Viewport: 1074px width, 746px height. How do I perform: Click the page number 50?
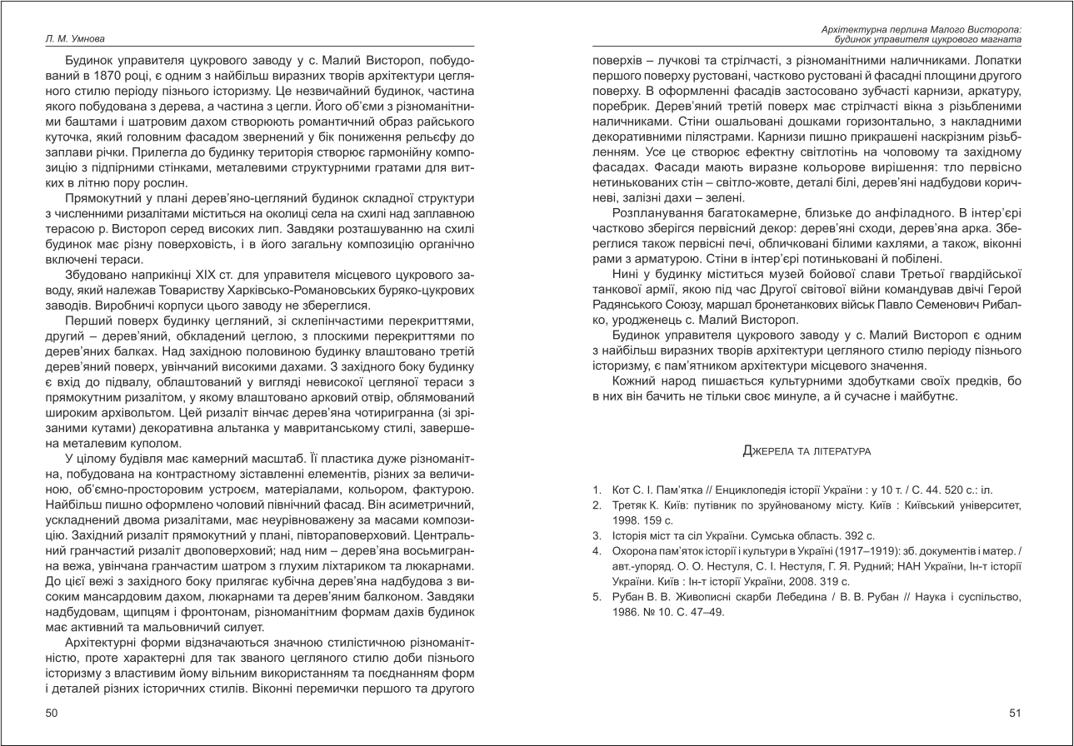click(x=50, y=713)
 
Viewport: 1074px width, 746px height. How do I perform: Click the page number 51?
click(x=1015, y=713)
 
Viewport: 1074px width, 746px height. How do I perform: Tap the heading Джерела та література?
click(x=806, y=450)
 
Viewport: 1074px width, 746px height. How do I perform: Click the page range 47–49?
click(x=707, y=611)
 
